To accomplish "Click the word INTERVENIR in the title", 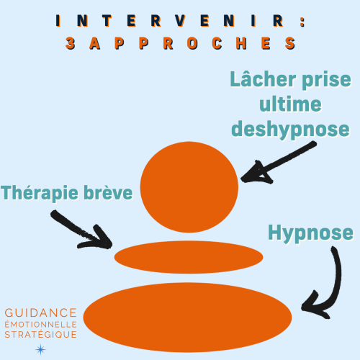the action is click(x=170, y=21).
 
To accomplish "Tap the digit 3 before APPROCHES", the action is click(x=71, y=43).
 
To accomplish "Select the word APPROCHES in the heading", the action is click(x=192, y=43).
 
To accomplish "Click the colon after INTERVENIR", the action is click(x=302, y=22).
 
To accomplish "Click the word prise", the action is click(x=327, y=81).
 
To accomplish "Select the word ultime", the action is click(x=290, y=104).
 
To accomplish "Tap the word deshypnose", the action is click(x=290, y=130).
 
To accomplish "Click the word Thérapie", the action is click(x=40, y=193).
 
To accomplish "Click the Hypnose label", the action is click(x=310, y=233).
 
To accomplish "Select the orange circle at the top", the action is click(x=189, y=187).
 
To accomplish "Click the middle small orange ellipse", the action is click(x=189, y=257).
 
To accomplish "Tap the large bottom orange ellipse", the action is click(x=187, y=318).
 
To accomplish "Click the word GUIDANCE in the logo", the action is click(x=40, y=313).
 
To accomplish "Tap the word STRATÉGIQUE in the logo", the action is click(x=40, y=334).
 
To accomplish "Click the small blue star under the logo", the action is click(x=40, y=349).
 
